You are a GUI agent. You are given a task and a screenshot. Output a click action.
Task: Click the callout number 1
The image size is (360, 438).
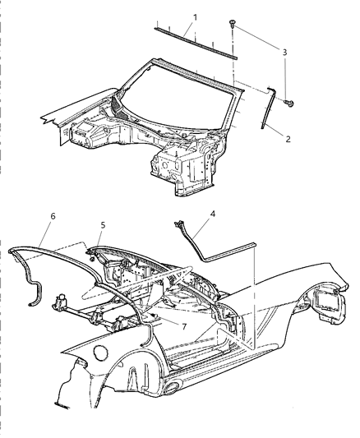click(195, 16)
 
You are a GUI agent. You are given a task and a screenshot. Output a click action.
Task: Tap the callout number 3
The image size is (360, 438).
click(285, 52)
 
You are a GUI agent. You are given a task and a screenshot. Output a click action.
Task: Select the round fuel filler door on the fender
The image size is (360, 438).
click(100, 353)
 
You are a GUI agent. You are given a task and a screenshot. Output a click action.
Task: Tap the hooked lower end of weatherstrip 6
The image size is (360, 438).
click(35, 293)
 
